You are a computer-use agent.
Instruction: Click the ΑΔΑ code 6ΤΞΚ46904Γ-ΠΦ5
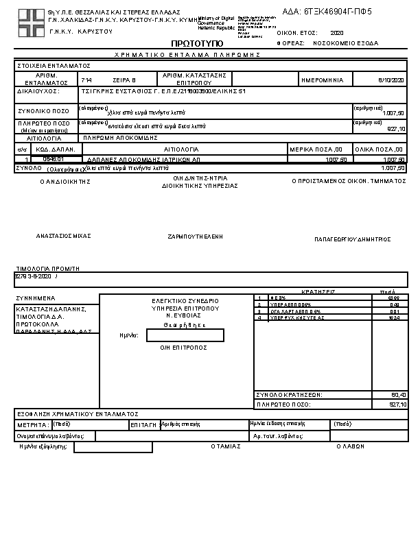coord(337,12)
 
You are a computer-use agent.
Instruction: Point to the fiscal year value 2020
coord(336,32)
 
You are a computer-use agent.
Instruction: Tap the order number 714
coord(86,80)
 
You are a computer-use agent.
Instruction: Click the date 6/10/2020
coord(391,80)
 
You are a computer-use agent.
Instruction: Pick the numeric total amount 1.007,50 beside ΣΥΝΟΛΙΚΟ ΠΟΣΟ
coord(393,112)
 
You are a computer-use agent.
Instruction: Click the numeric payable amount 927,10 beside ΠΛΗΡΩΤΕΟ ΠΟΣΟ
coord(396,128)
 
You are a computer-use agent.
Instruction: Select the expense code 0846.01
coord(53,159)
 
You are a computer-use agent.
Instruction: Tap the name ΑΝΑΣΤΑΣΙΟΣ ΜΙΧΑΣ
coord(64,235)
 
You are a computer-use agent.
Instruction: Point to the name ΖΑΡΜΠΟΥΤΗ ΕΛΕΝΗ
coord(196,237)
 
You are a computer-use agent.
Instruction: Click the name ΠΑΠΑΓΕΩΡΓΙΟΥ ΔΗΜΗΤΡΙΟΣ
coord(353,239)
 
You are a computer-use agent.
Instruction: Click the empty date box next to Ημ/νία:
coord(185,335)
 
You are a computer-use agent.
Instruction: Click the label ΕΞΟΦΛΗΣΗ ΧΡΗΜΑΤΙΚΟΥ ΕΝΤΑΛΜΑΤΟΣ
coord(79,414)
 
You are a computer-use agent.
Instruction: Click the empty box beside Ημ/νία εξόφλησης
coord(113,447)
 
